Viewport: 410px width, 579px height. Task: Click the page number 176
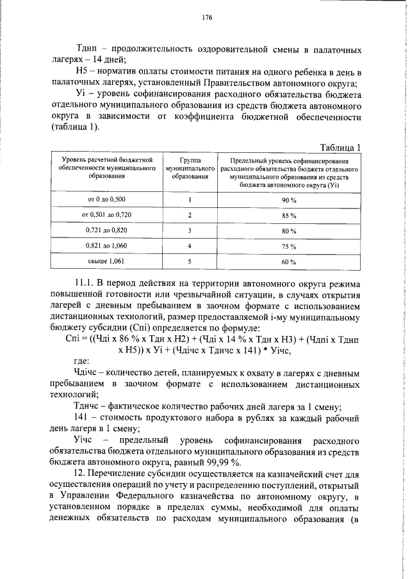point(206,17)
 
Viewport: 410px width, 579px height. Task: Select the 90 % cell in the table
point(289,200)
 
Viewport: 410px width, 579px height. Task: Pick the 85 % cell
point(289,215)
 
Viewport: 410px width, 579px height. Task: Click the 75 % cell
point(289,246)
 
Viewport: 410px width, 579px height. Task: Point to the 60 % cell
point(289,262)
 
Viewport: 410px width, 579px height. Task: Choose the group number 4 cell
point(190,246)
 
